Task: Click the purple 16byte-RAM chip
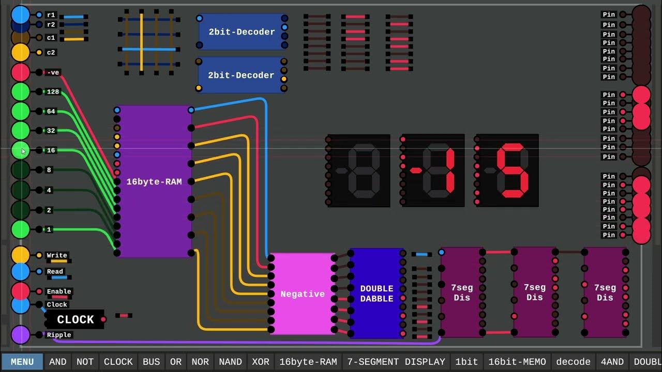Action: [154, 181]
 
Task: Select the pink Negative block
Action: [303, 293]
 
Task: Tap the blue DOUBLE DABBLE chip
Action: [377, 293]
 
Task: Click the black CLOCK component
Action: [76, 320]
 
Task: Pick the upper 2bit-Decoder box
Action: [242, 32]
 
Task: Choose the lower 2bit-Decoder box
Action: [241, 75]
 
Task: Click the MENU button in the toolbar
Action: [22, 362]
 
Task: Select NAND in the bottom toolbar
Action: [230, 362]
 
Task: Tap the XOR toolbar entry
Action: [260, 362]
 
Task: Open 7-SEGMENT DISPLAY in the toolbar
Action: [396, 362]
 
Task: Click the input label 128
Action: [53, 92]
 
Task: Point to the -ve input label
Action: [53, 72]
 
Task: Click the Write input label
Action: [57, 255]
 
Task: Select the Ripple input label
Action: [59, 335]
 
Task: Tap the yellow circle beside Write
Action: [21, 255]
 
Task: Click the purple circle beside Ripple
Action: [21, 335]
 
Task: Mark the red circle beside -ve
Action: [21, 72]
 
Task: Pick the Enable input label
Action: [59, 291]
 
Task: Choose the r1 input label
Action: [51, 15]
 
